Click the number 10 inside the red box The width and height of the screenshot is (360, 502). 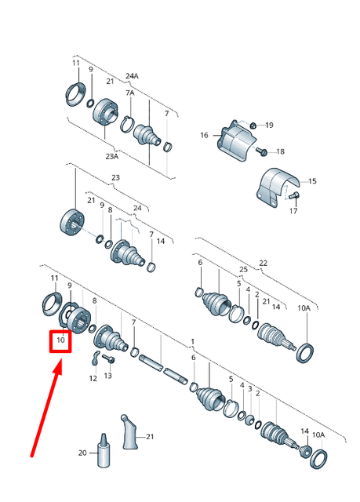click(60, 340)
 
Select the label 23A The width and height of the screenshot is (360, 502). click(112, 155)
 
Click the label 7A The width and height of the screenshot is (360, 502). click(130, 93)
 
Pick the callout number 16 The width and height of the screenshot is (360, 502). click(204, 136)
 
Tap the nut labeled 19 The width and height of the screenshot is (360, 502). click(253, 125)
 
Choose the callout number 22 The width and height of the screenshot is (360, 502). click(264, 263)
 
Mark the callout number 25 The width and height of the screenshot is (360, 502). click(244, 270)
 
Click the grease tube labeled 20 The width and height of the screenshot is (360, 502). click(103, 449)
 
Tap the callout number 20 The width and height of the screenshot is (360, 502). click(82, 453)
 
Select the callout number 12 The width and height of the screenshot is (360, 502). click(93, 377)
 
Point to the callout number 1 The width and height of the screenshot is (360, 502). click(192, 342)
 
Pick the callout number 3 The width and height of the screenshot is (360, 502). click(250, 389)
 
